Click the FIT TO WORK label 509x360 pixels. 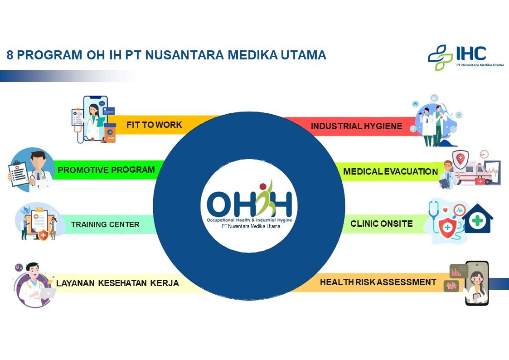154,125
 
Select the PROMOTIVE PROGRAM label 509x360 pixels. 106,170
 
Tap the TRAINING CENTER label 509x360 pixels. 105,224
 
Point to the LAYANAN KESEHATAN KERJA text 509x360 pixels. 117,283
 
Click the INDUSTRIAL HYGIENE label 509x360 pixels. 356,126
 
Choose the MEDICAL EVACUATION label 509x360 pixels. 391,171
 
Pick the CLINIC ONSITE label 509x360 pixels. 382,224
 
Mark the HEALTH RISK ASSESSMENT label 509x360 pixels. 378,282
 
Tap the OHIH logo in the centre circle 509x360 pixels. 249,205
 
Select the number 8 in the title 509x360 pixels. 10,55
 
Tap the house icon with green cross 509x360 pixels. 478,219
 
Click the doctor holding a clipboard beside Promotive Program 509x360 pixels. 31,170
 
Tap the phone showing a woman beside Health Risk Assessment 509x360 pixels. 476,283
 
